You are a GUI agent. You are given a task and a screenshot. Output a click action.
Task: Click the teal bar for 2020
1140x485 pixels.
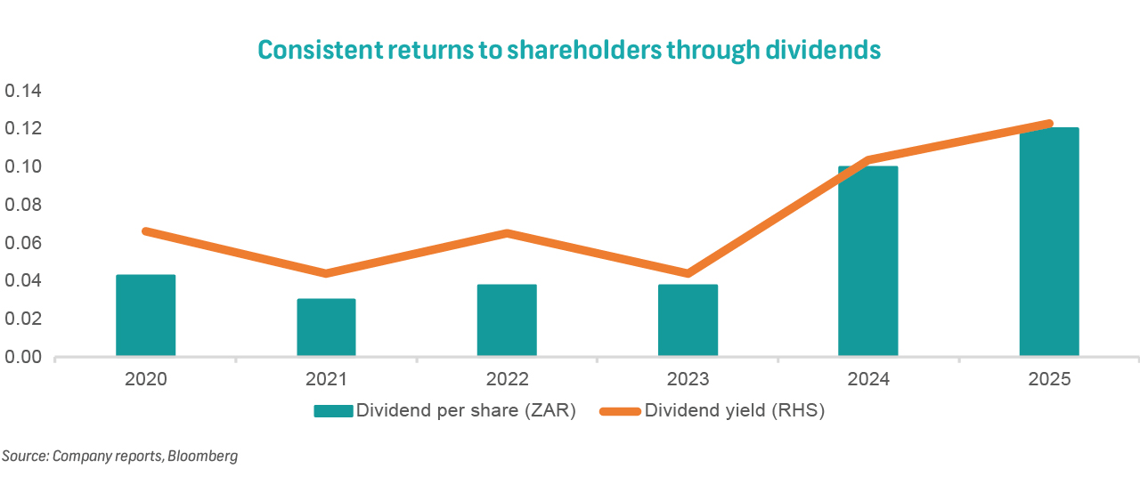click(146, 316)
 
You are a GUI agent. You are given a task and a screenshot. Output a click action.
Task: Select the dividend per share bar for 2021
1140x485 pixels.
click(326, 327)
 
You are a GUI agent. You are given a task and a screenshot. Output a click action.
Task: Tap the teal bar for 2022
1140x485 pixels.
click(507, 320)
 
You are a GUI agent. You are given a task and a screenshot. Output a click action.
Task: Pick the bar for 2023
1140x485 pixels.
click(688, 320)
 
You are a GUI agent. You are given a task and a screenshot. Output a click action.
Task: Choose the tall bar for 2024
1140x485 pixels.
click(868, 262)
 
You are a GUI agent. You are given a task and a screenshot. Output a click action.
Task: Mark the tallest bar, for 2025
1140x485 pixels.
click(1049, 242)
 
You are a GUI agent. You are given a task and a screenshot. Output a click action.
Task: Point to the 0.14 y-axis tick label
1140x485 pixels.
click(25, 92)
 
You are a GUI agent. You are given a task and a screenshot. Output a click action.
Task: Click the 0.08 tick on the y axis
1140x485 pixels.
click(25, 205)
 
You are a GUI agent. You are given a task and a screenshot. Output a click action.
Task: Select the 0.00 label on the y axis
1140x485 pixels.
click(25, 357)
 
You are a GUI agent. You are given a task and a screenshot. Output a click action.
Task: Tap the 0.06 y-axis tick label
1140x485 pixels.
click(25, 243)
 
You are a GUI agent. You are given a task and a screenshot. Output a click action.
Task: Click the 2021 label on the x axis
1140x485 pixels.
click(326, 380)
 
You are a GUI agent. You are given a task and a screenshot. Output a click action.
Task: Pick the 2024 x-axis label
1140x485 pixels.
click(868, 380)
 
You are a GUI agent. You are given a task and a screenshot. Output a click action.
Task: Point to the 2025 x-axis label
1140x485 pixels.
click(1049, 380)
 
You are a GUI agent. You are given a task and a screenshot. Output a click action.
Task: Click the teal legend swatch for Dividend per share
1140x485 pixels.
click(333, 411)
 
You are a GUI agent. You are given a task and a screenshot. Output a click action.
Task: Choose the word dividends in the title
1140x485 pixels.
click(823, 50)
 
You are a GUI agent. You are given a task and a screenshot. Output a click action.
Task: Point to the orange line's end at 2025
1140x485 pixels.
click(1049, 124)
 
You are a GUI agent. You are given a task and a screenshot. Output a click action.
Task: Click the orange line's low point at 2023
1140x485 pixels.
click(688, 273)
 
